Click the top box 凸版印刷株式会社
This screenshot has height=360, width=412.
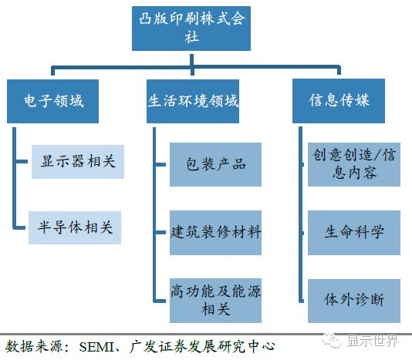tap(191, 29)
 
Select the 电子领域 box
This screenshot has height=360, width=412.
tap(52, 101)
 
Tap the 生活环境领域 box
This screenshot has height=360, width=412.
tap(193, 101)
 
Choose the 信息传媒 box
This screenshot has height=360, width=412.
tap(339, 101)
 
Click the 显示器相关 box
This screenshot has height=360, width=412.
tap(78, 162)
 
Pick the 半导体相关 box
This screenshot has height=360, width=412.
tap(75, 227)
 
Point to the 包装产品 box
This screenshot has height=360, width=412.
tap(215, 165)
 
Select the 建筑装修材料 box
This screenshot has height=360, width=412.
tap(215, 233)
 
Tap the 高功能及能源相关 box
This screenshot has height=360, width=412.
tap(215, 301)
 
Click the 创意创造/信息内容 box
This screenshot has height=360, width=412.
tap(354, 165)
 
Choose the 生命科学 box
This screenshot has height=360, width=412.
tap(354, 233)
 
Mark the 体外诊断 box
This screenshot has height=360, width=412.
tap(354, 301)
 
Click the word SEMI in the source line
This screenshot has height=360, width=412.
tap(96, 347)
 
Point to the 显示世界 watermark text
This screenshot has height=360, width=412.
tap(373, 341)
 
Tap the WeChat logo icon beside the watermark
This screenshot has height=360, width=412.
tap(332, 341)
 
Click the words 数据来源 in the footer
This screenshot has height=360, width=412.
tap(34, 347)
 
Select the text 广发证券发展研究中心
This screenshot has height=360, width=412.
tap(202, 347)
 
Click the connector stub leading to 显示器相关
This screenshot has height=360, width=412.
tap(22, 161)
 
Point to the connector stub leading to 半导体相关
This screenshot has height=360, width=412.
tap(20, 227)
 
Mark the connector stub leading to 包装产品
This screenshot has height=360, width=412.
tap(160, 165)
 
